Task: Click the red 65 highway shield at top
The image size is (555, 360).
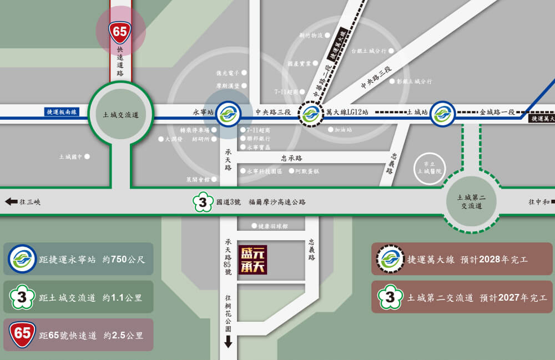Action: click(120, 32)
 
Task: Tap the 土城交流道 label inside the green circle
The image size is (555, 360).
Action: click(120, 115)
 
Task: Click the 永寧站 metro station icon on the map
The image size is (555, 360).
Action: click(228, 114)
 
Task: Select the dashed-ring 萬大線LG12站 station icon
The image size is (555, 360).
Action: click(310, 114)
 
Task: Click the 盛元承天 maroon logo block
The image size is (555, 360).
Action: click(253, 260)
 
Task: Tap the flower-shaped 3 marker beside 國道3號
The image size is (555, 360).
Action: click(203, 202)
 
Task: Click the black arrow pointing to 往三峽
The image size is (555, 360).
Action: click(11, 202)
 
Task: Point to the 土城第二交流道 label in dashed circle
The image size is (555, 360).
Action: click(471, 201)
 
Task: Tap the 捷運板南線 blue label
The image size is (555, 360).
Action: click(62, 112)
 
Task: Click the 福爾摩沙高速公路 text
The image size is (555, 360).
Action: click(277, 202)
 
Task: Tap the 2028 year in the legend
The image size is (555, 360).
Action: click(490, 259)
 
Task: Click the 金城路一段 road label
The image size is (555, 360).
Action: click(498, 112)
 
